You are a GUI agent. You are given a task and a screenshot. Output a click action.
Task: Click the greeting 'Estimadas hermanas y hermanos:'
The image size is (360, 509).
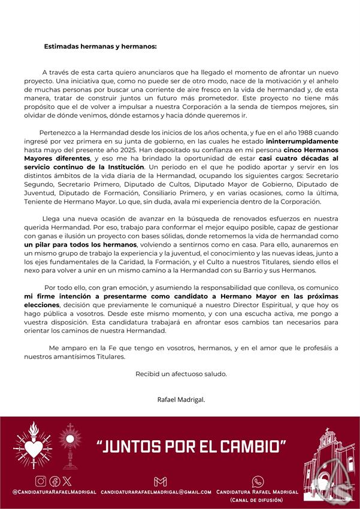(100, 46)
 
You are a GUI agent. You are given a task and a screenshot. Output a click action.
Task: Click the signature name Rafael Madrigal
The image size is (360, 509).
(180, 398)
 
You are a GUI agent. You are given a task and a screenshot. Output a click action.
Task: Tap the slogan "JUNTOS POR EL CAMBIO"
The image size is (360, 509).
(191, 447)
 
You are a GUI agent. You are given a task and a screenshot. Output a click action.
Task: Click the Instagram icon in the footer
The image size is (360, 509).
(41, 481)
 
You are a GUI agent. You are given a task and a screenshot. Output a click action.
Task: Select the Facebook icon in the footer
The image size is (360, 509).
(54, 481)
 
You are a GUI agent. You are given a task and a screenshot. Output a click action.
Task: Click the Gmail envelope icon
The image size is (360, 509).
(160, 481)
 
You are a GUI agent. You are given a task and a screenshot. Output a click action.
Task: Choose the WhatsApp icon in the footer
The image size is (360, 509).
(258, 481)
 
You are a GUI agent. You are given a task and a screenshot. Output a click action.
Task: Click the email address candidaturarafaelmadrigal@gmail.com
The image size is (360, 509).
(156, 492)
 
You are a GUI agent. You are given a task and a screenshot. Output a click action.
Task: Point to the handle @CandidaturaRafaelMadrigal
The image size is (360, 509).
(54, 492)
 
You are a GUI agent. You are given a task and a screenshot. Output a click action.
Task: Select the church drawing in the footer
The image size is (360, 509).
(328, 464)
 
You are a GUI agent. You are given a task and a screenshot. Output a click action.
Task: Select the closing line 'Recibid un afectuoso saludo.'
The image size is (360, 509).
(181, 374)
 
